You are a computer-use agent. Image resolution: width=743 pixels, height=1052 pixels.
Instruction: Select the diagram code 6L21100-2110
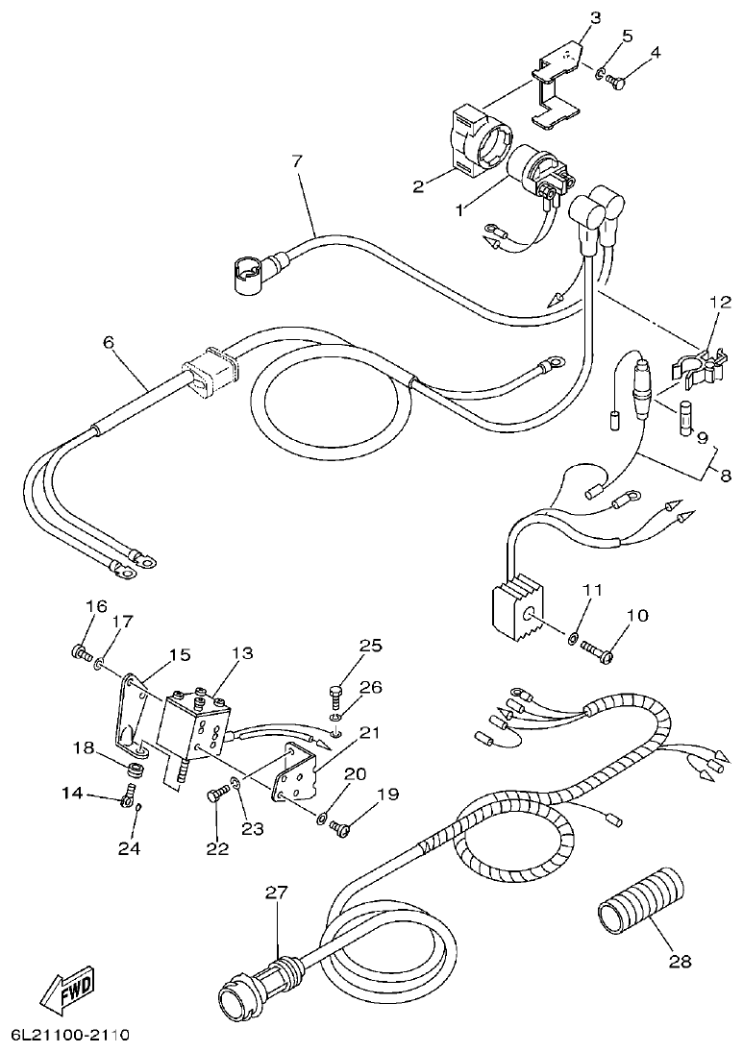[69, 1037]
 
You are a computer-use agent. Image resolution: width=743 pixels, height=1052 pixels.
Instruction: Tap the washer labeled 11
[573, 638]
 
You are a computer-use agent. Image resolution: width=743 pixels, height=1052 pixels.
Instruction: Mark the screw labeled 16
[80, 652]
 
